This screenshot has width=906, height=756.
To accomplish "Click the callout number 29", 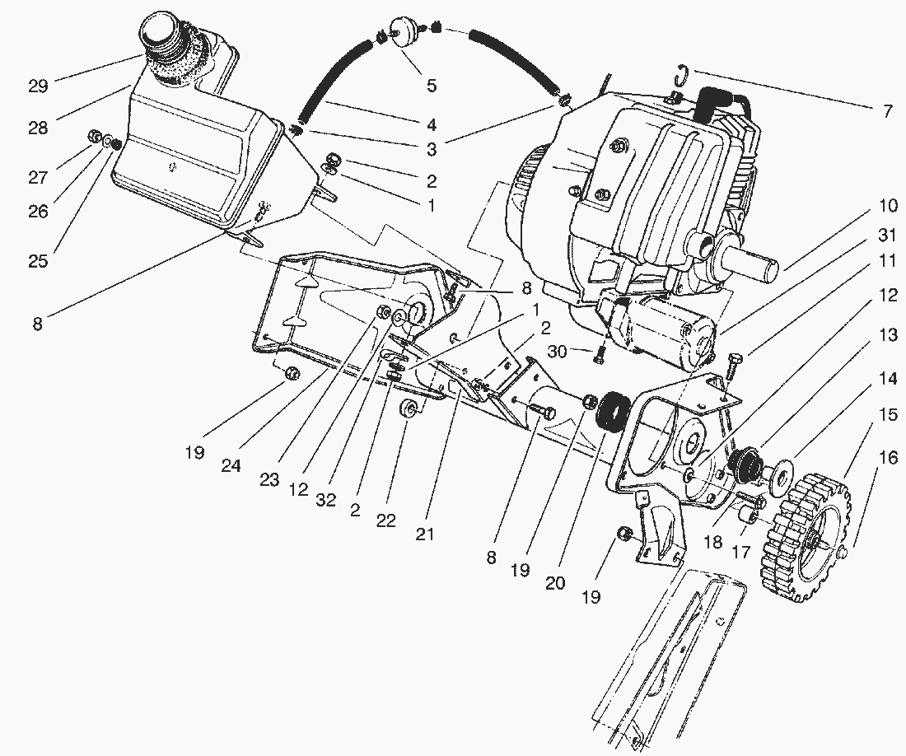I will tap(39, 85).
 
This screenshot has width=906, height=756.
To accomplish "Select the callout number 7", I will tap(886, 111).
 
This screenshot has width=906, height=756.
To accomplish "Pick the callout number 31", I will tap(886, 236).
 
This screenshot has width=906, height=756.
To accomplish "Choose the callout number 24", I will tap(231, 465).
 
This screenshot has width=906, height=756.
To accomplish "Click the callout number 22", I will tap(386, 520).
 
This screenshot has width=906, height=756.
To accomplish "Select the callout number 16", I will tap(886, 460).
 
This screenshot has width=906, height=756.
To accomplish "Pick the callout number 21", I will tap(424, 534).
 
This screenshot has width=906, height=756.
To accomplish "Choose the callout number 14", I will tap(886, 379).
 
